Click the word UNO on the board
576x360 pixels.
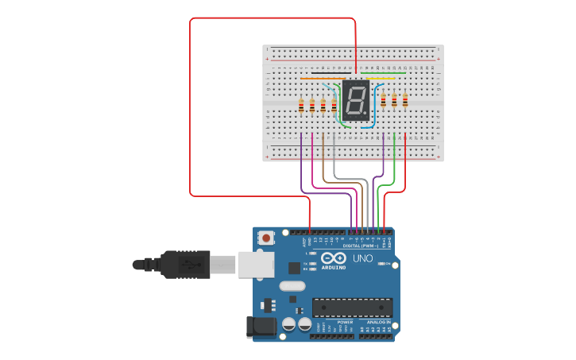(362, 258)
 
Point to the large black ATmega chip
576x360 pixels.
(352, 307)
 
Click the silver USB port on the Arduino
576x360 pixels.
(255, 264)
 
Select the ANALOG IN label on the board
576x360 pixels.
(375, 322)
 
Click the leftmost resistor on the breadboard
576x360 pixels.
(301, 104)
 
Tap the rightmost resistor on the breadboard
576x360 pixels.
(405, 99)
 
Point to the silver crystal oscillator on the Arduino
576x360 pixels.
(292, 286)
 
